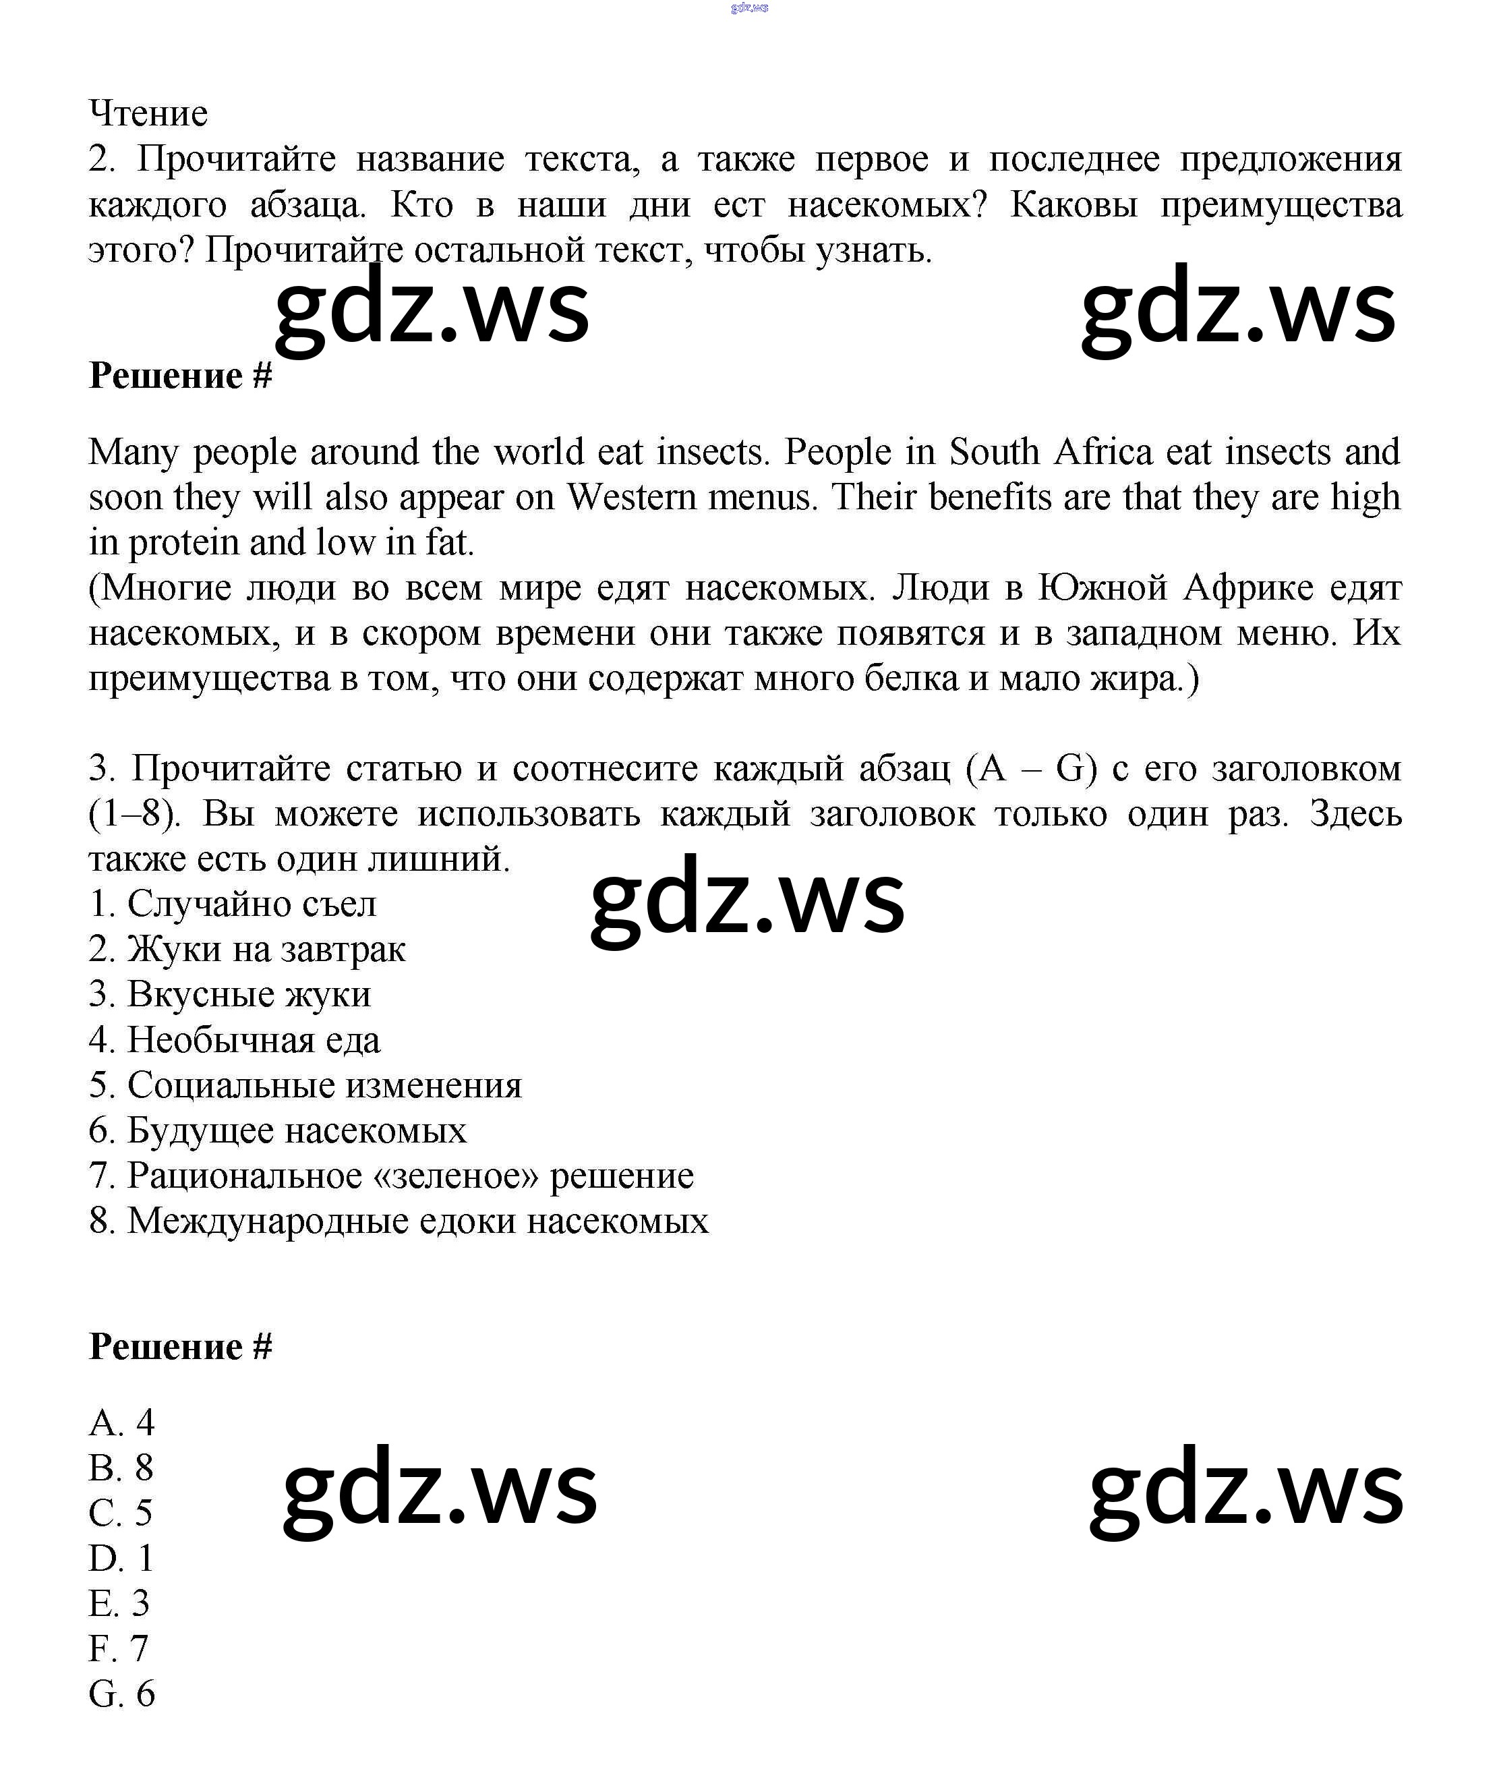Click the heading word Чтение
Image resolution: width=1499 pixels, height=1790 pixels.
[x=148, y=113]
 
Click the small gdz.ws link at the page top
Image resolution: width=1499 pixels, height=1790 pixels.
[x=749, y=7]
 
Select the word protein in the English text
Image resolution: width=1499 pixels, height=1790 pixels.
[x=183, y=543]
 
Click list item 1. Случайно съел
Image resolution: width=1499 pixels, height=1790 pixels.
[x=233, y=904]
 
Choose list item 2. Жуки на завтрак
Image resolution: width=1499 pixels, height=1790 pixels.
[x=247, y=949]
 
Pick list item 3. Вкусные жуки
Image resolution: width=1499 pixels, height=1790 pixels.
[x=230, y=994]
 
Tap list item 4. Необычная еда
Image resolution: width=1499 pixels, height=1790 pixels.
[x=235, y=1040]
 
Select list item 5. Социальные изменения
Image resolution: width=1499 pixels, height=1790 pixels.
[x=305, y=1085]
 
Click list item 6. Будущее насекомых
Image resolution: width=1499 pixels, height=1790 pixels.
[x=278, y=1130]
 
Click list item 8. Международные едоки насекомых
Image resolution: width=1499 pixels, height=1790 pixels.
[x=398, y=1221]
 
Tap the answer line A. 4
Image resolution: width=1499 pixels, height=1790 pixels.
[x=122, y=1422]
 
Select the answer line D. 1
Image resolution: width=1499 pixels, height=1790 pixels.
[x=121, y=1558]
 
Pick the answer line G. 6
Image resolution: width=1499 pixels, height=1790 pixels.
[x=122, y=1694]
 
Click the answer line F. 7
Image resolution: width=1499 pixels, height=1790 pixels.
[x=119, y=1648]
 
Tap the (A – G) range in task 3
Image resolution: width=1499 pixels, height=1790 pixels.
[x=1031, y=769]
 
